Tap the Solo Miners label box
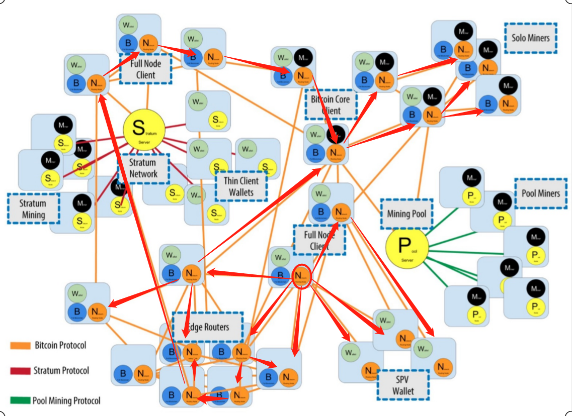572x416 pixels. click(531, 38)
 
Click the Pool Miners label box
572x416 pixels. click(541, 193)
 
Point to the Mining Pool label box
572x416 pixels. click(406, 214)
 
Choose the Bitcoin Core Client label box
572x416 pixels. click(330, 105)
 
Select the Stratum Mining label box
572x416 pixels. click(33, 209)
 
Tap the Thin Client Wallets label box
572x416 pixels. click(240, 186)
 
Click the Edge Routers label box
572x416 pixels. click(207, 327)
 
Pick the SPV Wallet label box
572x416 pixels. click(403, 385)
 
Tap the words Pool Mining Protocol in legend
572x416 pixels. click(66, 400)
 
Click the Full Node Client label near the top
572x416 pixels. click(145, 70)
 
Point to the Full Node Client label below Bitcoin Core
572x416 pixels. click(319, 240)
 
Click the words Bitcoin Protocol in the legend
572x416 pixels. click(60, 346)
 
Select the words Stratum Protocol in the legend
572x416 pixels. click(61, 371)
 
